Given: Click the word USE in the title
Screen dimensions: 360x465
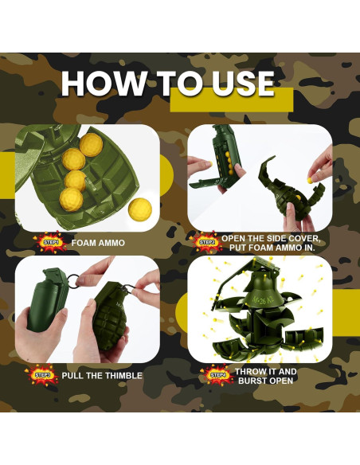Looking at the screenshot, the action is click(243, 84).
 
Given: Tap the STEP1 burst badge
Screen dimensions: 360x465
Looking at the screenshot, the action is click(51, 242).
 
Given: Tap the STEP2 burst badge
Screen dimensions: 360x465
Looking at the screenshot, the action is click(206, 242).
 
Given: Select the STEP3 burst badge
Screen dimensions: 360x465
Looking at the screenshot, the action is click(43, 375).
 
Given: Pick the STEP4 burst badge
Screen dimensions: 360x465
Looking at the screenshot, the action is click(217, 375).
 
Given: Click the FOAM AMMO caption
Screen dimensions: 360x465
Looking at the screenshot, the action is click(98, 243).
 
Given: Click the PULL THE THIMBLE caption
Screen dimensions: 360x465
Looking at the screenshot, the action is click(102, 376).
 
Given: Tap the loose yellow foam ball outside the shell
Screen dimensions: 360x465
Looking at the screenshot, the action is click(140, 208).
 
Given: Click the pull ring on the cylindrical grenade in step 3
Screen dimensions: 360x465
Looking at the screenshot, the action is click(73, 279).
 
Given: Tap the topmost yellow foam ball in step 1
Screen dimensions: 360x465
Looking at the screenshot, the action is click(91, 145).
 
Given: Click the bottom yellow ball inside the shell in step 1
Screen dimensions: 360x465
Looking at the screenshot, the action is click(71, 199).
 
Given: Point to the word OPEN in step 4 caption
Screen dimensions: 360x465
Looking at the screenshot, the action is click(281, 381).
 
